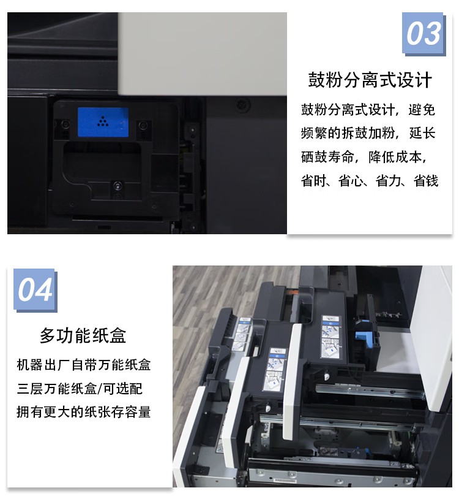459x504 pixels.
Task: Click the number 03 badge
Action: [423, 33]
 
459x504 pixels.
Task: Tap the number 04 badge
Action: [35, 289]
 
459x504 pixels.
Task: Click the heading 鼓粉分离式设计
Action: [370, 80]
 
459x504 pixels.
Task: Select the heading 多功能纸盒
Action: [83, 335]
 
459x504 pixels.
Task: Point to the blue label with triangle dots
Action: [103, 122]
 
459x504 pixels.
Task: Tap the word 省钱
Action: [425, 181]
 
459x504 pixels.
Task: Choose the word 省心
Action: [353, 181]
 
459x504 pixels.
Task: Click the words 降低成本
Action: [401, 157]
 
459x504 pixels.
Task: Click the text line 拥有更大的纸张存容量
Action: [83, 412]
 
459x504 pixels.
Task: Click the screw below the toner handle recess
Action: [116, 185]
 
